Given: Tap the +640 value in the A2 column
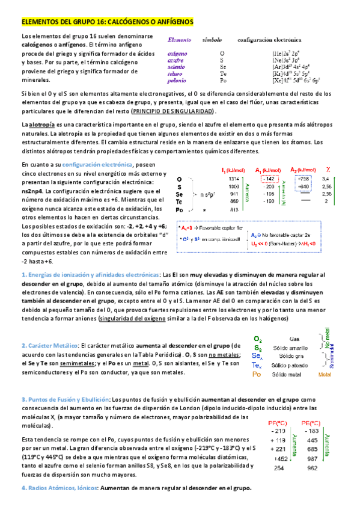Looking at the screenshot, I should (303, 186).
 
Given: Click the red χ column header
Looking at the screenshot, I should (329, 170).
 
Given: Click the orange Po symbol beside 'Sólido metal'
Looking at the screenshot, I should (257, 373).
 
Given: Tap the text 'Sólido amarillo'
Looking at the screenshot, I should (294, 348).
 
